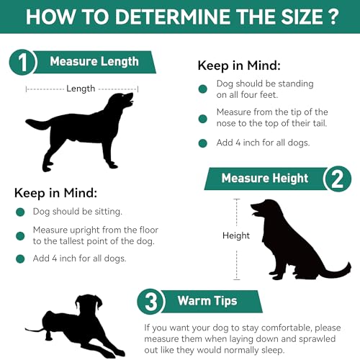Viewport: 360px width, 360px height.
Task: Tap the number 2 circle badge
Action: (x=337, y=179)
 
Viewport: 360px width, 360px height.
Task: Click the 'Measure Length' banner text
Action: (x=94, y=62)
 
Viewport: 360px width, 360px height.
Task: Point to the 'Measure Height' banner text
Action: (x=264, y=179)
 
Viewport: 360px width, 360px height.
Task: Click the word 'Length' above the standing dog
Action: (x=81, y=89)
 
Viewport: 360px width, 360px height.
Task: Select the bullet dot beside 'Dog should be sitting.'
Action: (x=20, y=212)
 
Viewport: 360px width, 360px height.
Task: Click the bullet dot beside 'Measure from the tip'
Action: (x=204, y=113)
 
